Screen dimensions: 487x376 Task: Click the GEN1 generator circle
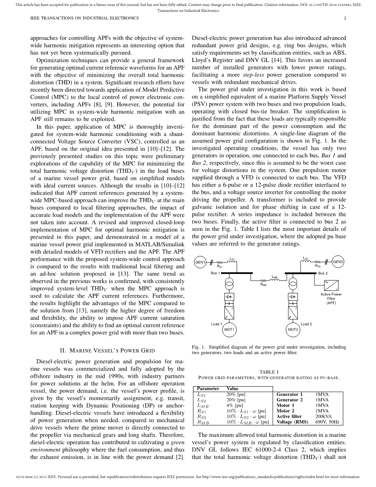pos(200,262)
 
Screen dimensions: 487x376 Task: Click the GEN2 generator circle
pos(338,262)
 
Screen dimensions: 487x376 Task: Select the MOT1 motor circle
pos(229,329)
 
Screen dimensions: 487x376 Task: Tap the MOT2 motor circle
pos(293,329)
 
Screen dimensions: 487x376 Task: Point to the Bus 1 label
pos(215,273)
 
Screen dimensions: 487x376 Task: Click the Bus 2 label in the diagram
pos(323,273)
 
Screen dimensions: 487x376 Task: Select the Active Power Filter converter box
pos(331,285)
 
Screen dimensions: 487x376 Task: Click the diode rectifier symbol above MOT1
pos(229,296)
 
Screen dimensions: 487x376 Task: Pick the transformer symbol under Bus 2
pos(293,284)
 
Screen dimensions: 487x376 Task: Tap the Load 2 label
pos(306,324)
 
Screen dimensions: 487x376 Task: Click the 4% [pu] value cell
pos(235,405)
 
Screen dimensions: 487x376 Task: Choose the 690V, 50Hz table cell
pos(327,422)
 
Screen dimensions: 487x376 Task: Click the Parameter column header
pos(208,389)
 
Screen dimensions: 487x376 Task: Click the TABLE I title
pos(269,372)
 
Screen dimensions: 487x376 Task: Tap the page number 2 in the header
pos(345,18)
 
